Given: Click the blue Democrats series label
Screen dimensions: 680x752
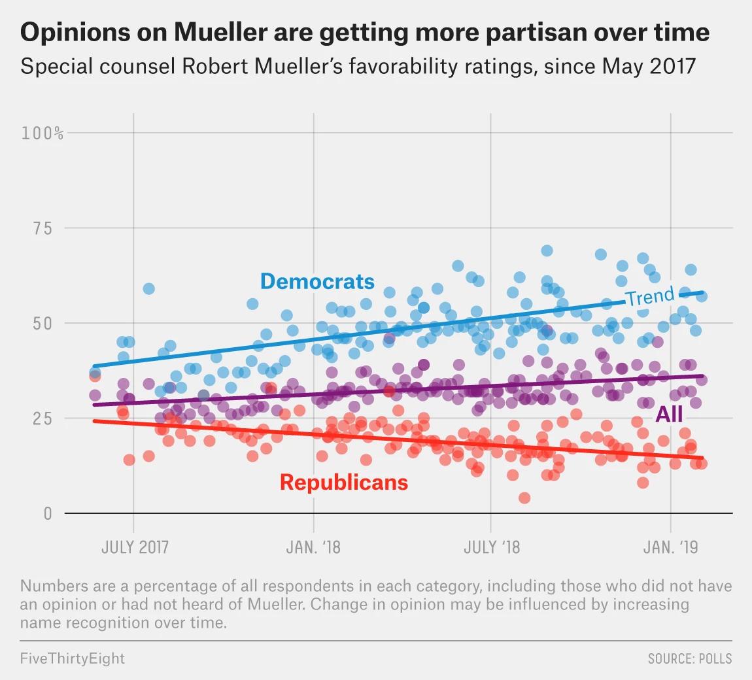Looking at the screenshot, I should pyautogui.click(x=317, y=281).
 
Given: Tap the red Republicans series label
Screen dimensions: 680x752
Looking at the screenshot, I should pyautogui.click(x=343, y=483).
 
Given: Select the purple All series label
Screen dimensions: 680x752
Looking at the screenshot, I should pyautogui.click(x=668, y=413).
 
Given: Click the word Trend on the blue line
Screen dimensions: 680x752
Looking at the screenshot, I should pyautogui.click(x=649, y=296).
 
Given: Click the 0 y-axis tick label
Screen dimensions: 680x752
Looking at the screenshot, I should pyautogui.click(x=47, y=513).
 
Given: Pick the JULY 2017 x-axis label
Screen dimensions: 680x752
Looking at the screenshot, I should pyautogui.click(x=134, y=547).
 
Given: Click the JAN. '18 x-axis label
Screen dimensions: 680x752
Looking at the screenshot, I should pyautogui.click(x=313, y=547).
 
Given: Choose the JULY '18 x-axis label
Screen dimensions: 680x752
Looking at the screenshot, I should pyautogui.click(x=492, y=547).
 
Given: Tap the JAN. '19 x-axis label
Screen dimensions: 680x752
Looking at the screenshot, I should pyautogui.click(x=670, y=547).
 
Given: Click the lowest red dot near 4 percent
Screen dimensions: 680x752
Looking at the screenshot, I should pyautogui.click(x=524, y=498).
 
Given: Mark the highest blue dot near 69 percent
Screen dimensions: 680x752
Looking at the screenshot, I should pyautogui.click(x=547, y=250).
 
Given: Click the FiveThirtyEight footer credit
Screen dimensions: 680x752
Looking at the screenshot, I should pyautogui.click(x=72, y=658).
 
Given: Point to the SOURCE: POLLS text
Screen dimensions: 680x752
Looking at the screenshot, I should pyautogui.click(x=690, y=658).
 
